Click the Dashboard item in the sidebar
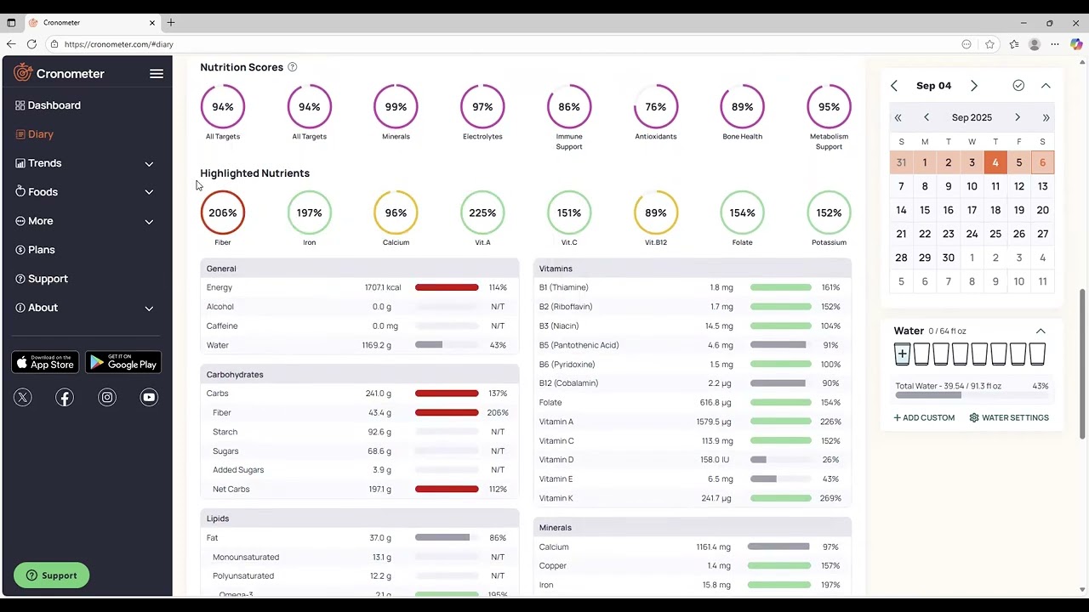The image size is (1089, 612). [54, 105]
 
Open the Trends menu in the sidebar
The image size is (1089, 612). [44, 163]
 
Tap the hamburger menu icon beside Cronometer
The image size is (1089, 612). [157, 74]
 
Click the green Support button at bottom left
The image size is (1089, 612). [51, 575]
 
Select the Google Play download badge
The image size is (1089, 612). [123, 363]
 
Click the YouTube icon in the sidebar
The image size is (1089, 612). [149, 397]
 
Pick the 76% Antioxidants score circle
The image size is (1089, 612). [655, 107]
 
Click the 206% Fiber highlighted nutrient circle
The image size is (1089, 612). [223, 212]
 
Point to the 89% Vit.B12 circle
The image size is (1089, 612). [655, 212]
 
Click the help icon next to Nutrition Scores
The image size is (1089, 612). [292, 67]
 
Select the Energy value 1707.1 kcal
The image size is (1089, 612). [382, 287]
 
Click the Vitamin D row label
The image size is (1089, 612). [556, 460]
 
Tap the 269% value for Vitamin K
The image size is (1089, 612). [830, 498]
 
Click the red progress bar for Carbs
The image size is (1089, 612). [447, 394]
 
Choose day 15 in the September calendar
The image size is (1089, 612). [925, 210]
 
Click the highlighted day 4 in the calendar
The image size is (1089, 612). [995, 162]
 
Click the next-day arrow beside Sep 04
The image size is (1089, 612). [974, 86]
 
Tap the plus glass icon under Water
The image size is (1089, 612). [902, 354]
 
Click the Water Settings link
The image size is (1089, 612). [1009, 418]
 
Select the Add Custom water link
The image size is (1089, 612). [924, 418]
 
